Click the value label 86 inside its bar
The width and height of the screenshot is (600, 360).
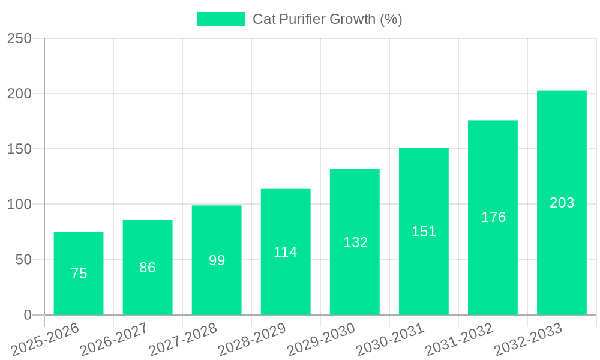click(x=148, y=268)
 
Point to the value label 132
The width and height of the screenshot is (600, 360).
click(x=355, y=242)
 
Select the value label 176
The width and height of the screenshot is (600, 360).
click(x=493, y=217)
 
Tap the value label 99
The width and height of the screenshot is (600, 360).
click(x=217, y=260)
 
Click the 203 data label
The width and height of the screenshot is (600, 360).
click(x=562, y=203)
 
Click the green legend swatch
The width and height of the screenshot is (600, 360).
click(x=221, y=19)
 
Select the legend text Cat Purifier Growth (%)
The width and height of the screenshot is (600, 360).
click(x=327, y=19)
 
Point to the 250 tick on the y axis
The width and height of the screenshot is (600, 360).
click(x=19, y=39)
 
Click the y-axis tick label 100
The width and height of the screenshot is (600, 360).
click(x=19, y=205)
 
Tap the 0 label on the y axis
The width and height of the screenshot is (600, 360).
click(x=27, y=315)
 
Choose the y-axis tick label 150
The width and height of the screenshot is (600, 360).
click(x=19, y=149)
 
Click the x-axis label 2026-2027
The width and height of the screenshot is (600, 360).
click(x=114, y=338)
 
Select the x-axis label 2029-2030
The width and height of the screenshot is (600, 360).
click(x=321, y=338)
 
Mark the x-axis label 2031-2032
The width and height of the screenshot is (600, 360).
click(x=459, y=338)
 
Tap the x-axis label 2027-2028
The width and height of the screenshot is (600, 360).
click(x=183, y=338)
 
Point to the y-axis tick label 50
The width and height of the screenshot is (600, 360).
click(x=23, y=260)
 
